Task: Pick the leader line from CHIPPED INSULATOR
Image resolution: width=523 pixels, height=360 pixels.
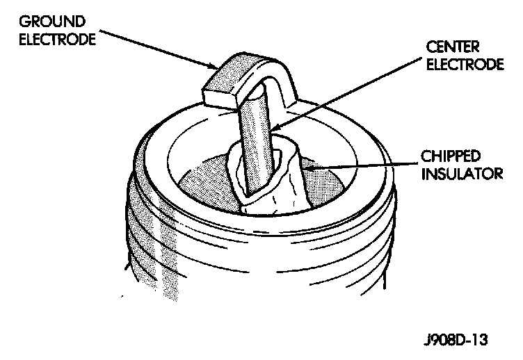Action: point(362,164)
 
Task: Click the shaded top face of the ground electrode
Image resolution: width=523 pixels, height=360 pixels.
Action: point(243,73)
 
